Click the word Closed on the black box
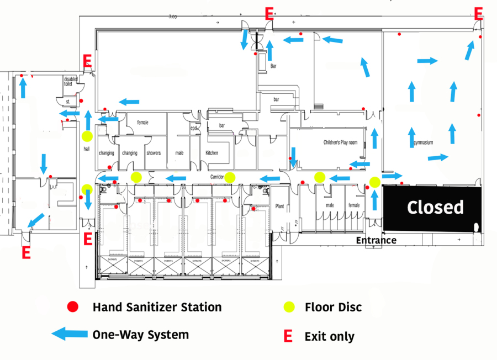(x=435, y=208)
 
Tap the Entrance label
(x=376, y=240)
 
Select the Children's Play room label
(x=340, y=142)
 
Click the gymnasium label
(x=422, y=142)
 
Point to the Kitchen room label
(x=212, y=152)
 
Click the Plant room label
(x=279, y=206)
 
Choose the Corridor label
(x=216, y=177)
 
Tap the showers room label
(x=153, y=152)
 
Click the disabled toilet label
(x=71, y=82)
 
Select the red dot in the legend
(x=72, y=307)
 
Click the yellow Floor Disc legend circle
(x=289, y=307)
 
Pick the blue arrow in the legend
(x=70, y=334)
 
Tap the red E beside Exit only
(x=288, y=336)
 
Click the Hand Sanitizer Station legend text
(x=157, y=307)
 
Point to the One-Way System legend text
(x=140, y=335)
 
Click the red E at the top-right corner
(x=479, y=14)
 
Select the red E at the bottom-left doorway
(x=26, y=253)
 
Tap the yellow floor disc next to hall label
(x=87, y=136)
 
